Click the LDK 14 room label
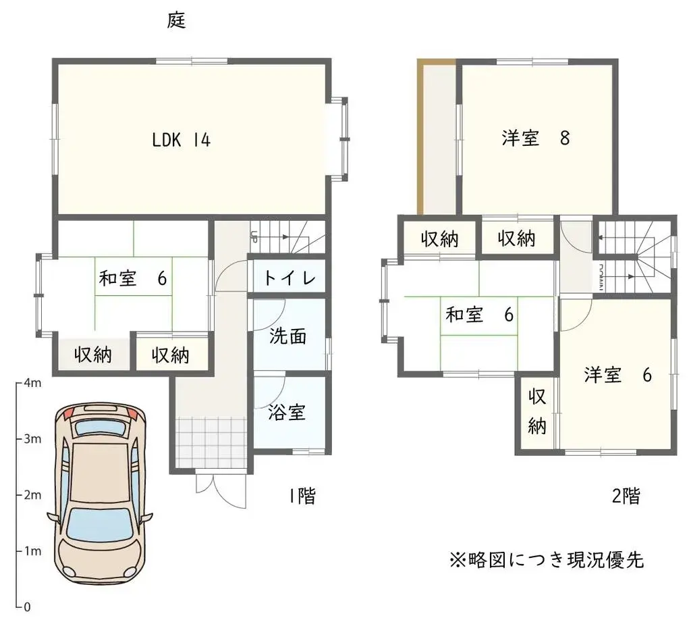(x=181, y=140)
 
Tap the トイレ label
(x=288, y=278)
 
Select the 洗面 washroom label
(x=288, y=336)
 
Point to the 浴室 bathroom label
(x=287, y=412)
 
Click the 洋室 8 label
(x=536, y=138)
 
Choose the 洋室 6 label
(x=617, y=375)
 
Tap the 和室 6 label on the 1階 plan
(x=132, y=278)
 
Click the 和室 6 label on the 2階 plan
(x=480, y=315)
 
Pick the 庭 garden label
(x=176, y=21)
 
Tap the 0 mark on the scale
(x=27, y=606)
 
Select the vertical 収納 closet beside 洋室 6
(x=536, y=412)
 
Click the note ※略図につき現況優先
(x=547, y=560)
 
